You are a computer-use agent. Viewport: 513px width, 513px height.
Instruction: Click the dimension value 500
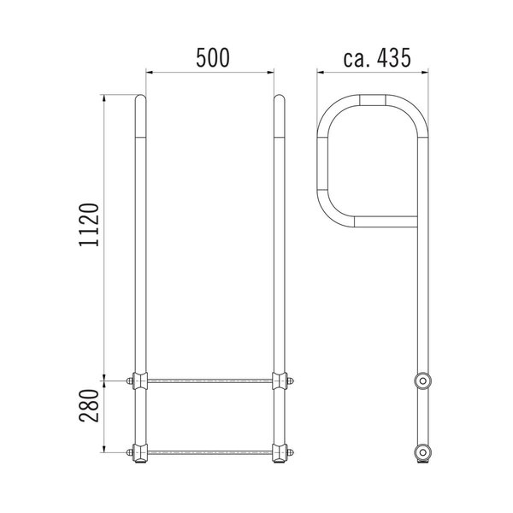pyautogui.click(x=213, y=57)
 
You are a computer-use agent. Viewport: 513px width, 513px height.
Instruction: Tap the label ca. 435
pyautogui.click(x=377, y=57)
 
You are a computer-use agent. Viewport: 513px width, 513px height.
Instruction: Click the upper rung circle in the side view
pyautogui.click(x=422, y=380)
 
